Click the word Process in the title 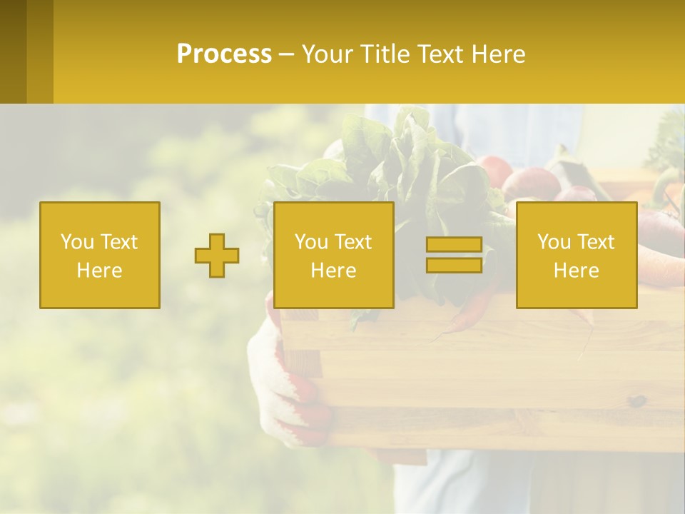coord(224,54)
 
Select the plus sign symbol coord(217,256)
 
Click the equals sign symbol coord(454,255)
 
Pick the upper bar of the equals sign coord(454,245)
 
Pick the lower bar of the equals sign coord(454,265)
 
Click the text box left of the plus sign coord(100,255)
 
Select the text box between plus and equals coord(333,255)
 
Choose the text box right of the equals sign coord(577,255)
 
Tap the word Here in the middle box coord(333,271)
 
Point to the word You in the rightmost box coord(554,242)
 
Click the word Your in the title coord(328,54)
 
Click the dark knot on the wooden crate coord(637,401)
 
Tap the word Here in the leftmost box coord(100,271)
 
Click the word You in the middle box coord(311,242)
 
